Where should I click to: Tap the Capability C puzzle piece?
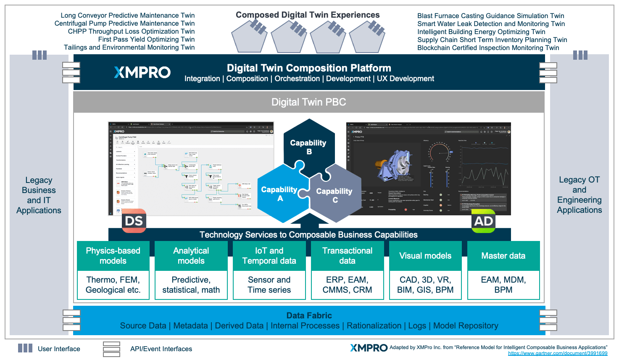[x=335, y=195]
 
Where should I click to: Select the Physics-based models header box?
[x=113, y=256]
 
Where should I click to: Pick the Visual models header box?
[x=425, y=256]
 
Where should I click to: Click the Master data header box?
[x=503, y=256]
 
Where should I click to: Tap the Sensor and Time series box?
[x=269, y=285]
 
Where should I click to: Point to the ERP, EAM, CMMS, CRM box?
[x=347, y=285]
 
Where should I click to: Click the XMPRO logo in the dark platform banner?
[x=142, y=72]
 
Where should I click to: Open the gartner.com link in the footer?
[x=557, y=354]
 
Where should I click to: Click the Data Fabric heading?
[x=309, y=315]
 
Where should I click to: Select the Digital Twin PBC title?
[x=308, y=102]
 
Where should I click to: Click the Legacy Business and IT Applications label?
[x=39, y=195]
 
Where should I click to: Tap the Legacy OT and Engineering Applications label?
[x=579, y=195]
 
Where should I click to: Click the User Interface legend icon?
[x=25, y=348]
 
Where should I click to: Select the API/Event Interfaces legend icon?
[x=111, y=349]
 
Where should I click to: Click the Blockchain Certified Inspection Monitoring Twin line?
[x=488, y=48]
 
